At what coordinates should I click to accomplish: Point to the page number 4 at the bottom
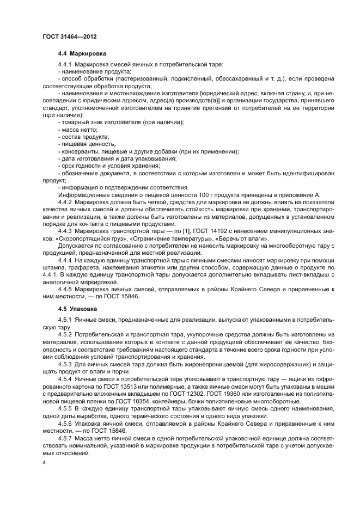[x=44, y=463]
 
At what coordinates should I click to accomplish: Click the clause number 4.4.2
[x=66, y=202]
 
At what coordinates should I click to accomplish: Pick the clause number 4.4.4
[x=66, y=261]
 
